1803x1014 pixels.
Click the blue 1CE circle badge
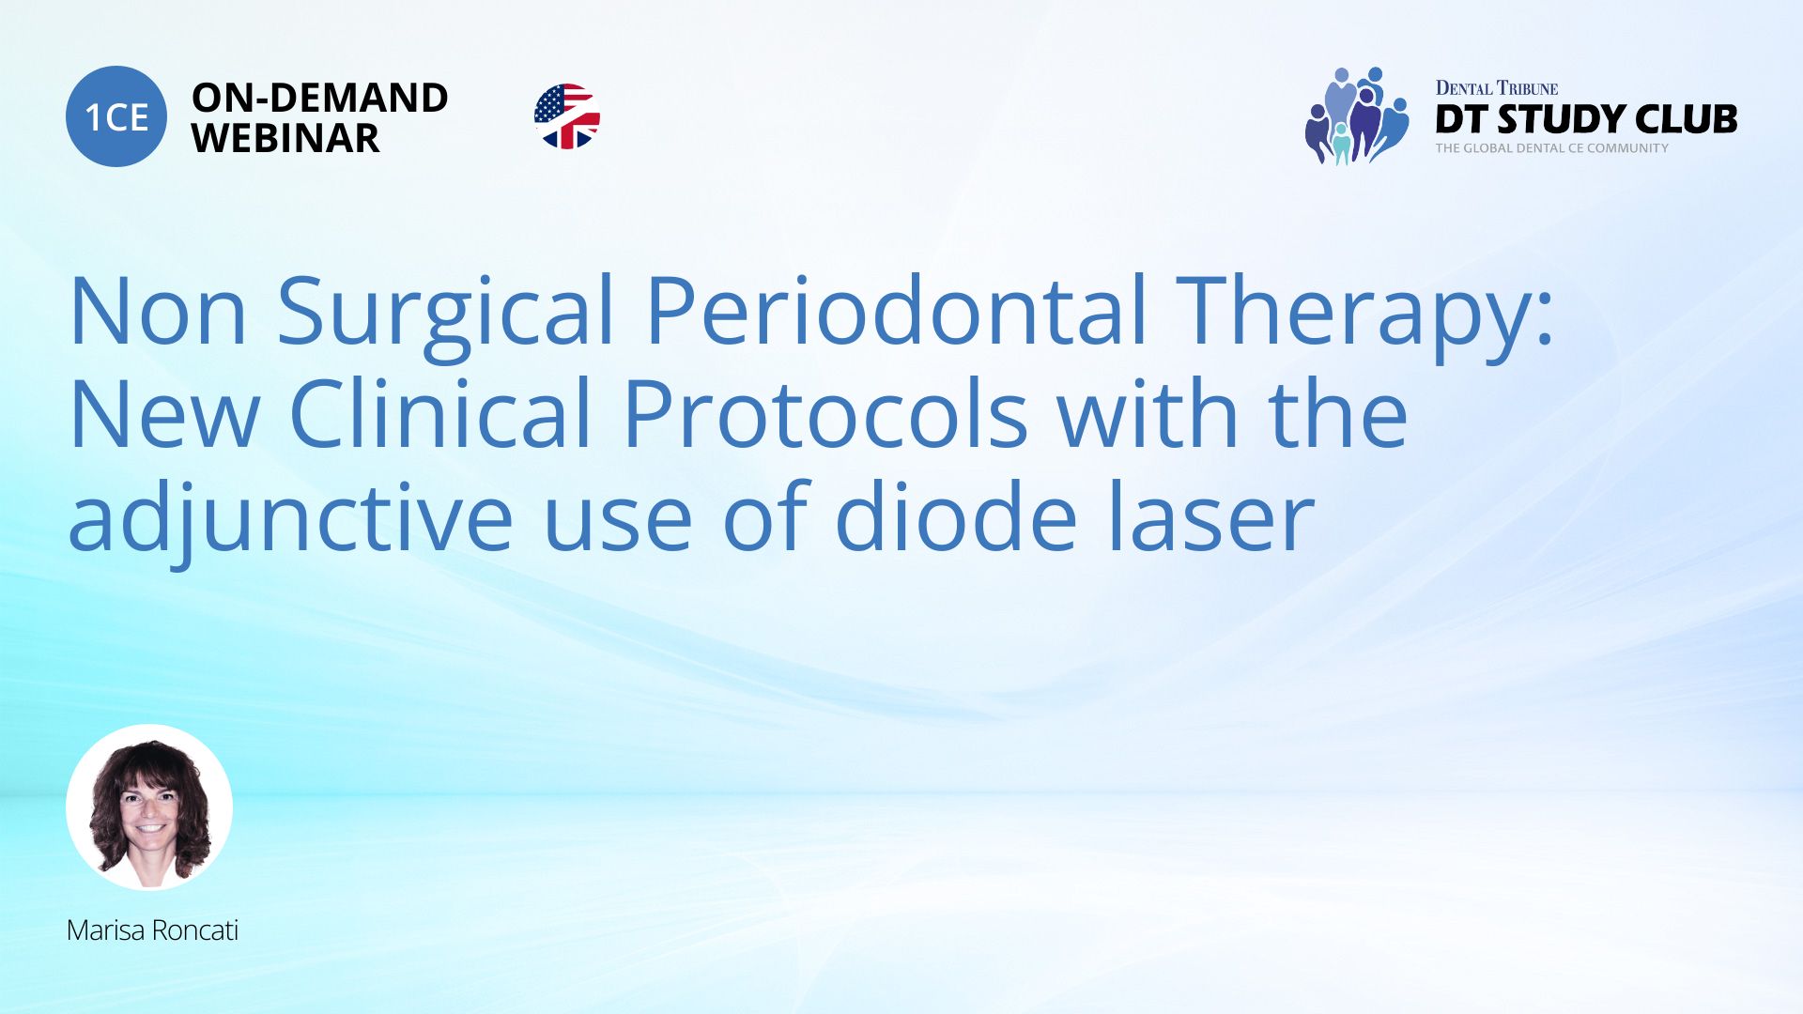pyautogui.click(x=116, y=116)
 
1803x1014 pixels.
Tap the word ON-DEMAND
pyautogui.click(x=319, y=98)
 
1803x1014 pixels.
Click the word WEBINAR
pyautogui.click(x=285, y=139)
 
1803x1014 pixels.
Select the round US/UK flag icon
pyautogui.click(x=566, y=116)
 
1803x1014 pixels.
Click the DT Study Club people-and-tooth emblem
pyautogui.click(x=1356, y=116)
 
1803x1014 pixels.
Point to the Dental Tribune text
pyautogui.click(x=1496, y=88)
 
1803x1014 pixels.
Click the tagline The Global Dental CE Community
pyautogui.click(x=1551, y=148)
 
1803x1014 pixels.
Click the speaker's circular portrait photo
pyautogui.click(x=149, y=807)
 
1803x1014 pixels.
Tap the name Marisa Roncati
pyautogui.click(x=152, y=930)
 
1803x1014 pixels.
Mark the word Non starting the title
pyautogui.click(x=158, y=312)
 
